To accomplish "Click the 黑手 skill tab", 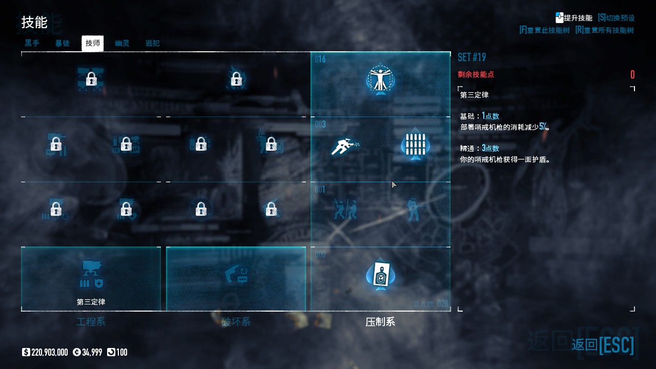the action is (32, 44).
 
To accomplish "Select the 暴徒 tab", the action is (63, 44).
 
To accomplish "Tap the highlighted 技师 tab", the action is (93, 44).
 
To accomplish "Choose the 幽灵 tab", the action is (122, 44).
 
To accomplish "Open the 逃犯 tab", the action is (152, 44).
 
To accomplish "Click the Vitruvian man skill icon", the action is (380, 79).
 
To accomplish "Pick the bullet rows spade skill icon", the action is (415, 145).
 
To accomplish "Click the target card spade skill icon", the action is (380, 275).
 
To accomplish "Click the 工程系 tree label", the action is (91, 322).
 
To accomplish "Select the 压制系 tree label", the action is (380, 322).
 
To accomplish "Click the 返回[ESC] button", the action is (603, 344).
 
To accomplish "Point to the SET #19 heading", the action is (471, 57).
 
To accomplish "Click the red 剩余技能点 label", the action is (476, 75).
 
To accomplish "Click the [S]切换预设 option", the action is (616, 18).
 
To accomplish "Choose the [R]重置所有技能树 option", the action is (605, 30).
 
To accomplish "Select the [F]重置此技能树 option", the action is (544, 30).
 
